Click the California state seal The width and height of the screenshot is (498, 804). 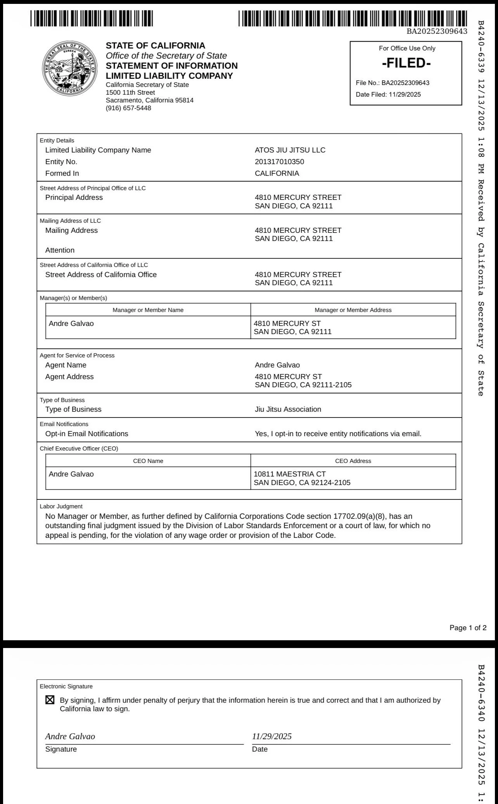pos(70,68)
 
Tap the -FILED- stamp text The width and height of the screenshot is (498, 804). pos(406,63)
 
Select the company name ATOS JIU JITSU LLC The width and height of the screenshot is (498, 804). pos(290,150)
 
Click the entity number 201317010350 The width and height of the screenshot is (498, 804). pos(279,162)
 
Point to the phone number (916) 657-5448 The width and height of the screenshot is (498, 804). pos(128,108)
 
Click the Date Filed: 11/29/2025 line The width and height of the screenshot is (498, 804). pos(388,94)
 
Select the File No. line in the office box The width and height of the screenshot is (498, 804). pos(393,83)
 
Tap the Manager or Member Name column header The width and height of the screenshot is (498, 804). pos(148,310)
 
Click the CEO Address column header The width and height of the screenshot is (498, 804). pos(353,461)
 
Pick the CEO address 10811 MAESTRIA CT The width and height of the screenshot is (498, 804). pos(290,474)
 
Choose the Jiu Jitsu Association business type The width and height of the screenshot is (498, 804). pos(288,409)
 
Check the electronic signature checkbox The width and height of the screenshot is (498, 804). pos(50,700)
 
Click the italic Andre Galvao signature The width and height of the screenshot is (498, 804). pos(70,736)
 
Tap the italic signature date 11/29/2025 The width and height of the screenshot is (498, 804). pos(272,736)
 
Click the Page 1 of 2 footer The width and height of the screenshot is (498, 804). pos(468,628)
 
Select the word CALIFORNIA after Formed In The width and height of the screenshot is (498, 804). pos(277,173)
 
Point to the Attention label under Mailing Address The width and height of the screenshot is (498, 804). pos(60,250)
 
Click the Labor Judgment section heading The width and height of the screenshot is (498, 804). pos(61,506)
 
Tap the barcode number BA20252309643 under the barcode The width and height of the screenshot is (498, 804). pos(437,31)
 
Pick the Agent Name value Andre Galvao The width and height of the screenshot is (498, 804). pos(277,365)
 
